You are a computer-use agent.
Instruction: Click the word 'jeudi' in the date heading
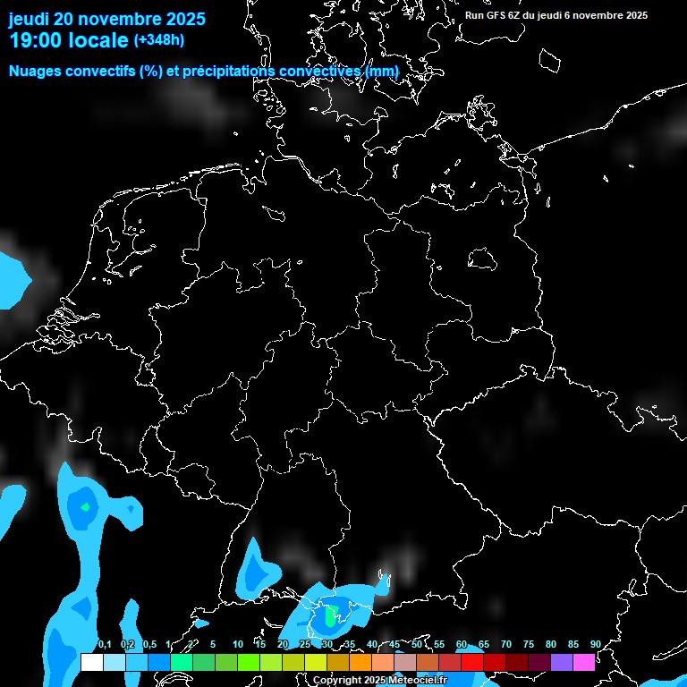[x=30, y=19]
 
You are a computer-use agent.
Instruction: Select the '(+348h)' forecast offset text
[x=159, y=40]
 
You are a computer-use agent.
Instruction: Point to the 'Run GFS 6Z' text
[x=497, y=15]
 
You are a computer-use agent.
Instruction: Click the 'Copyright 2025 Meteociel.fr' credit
[x=379, y=681]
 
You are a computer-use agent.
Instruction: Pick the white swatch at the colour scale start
[x=91, y=663]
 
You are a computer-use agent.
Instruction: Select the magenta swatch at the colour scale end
[x=584, y=663]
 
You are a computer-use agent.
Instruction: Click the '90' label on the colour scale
[x=595, y=645]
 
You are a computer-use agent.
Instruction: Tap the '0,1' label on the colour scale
[x=105, y=645]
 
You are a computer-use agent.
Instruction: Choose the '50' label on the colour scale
[x=417, y=645]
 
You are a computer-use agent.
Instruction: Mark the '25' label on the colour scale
[x=305, y=645]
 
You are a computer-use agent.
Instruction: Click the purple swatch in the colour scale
[x=562, y=663]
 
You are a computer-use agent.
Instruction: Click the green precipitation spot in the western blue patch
[x=85, y=507]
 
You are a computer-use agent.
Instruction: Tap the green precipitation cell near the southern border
[x=331, y=616]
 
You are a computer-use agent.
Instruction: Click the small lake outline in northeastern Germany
[x=482, y=259]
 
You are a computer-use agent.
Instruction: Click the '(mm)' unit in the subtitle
[x=381, y=72]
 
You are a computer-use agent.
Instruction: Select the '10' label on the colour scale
[x=238, y=645]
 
